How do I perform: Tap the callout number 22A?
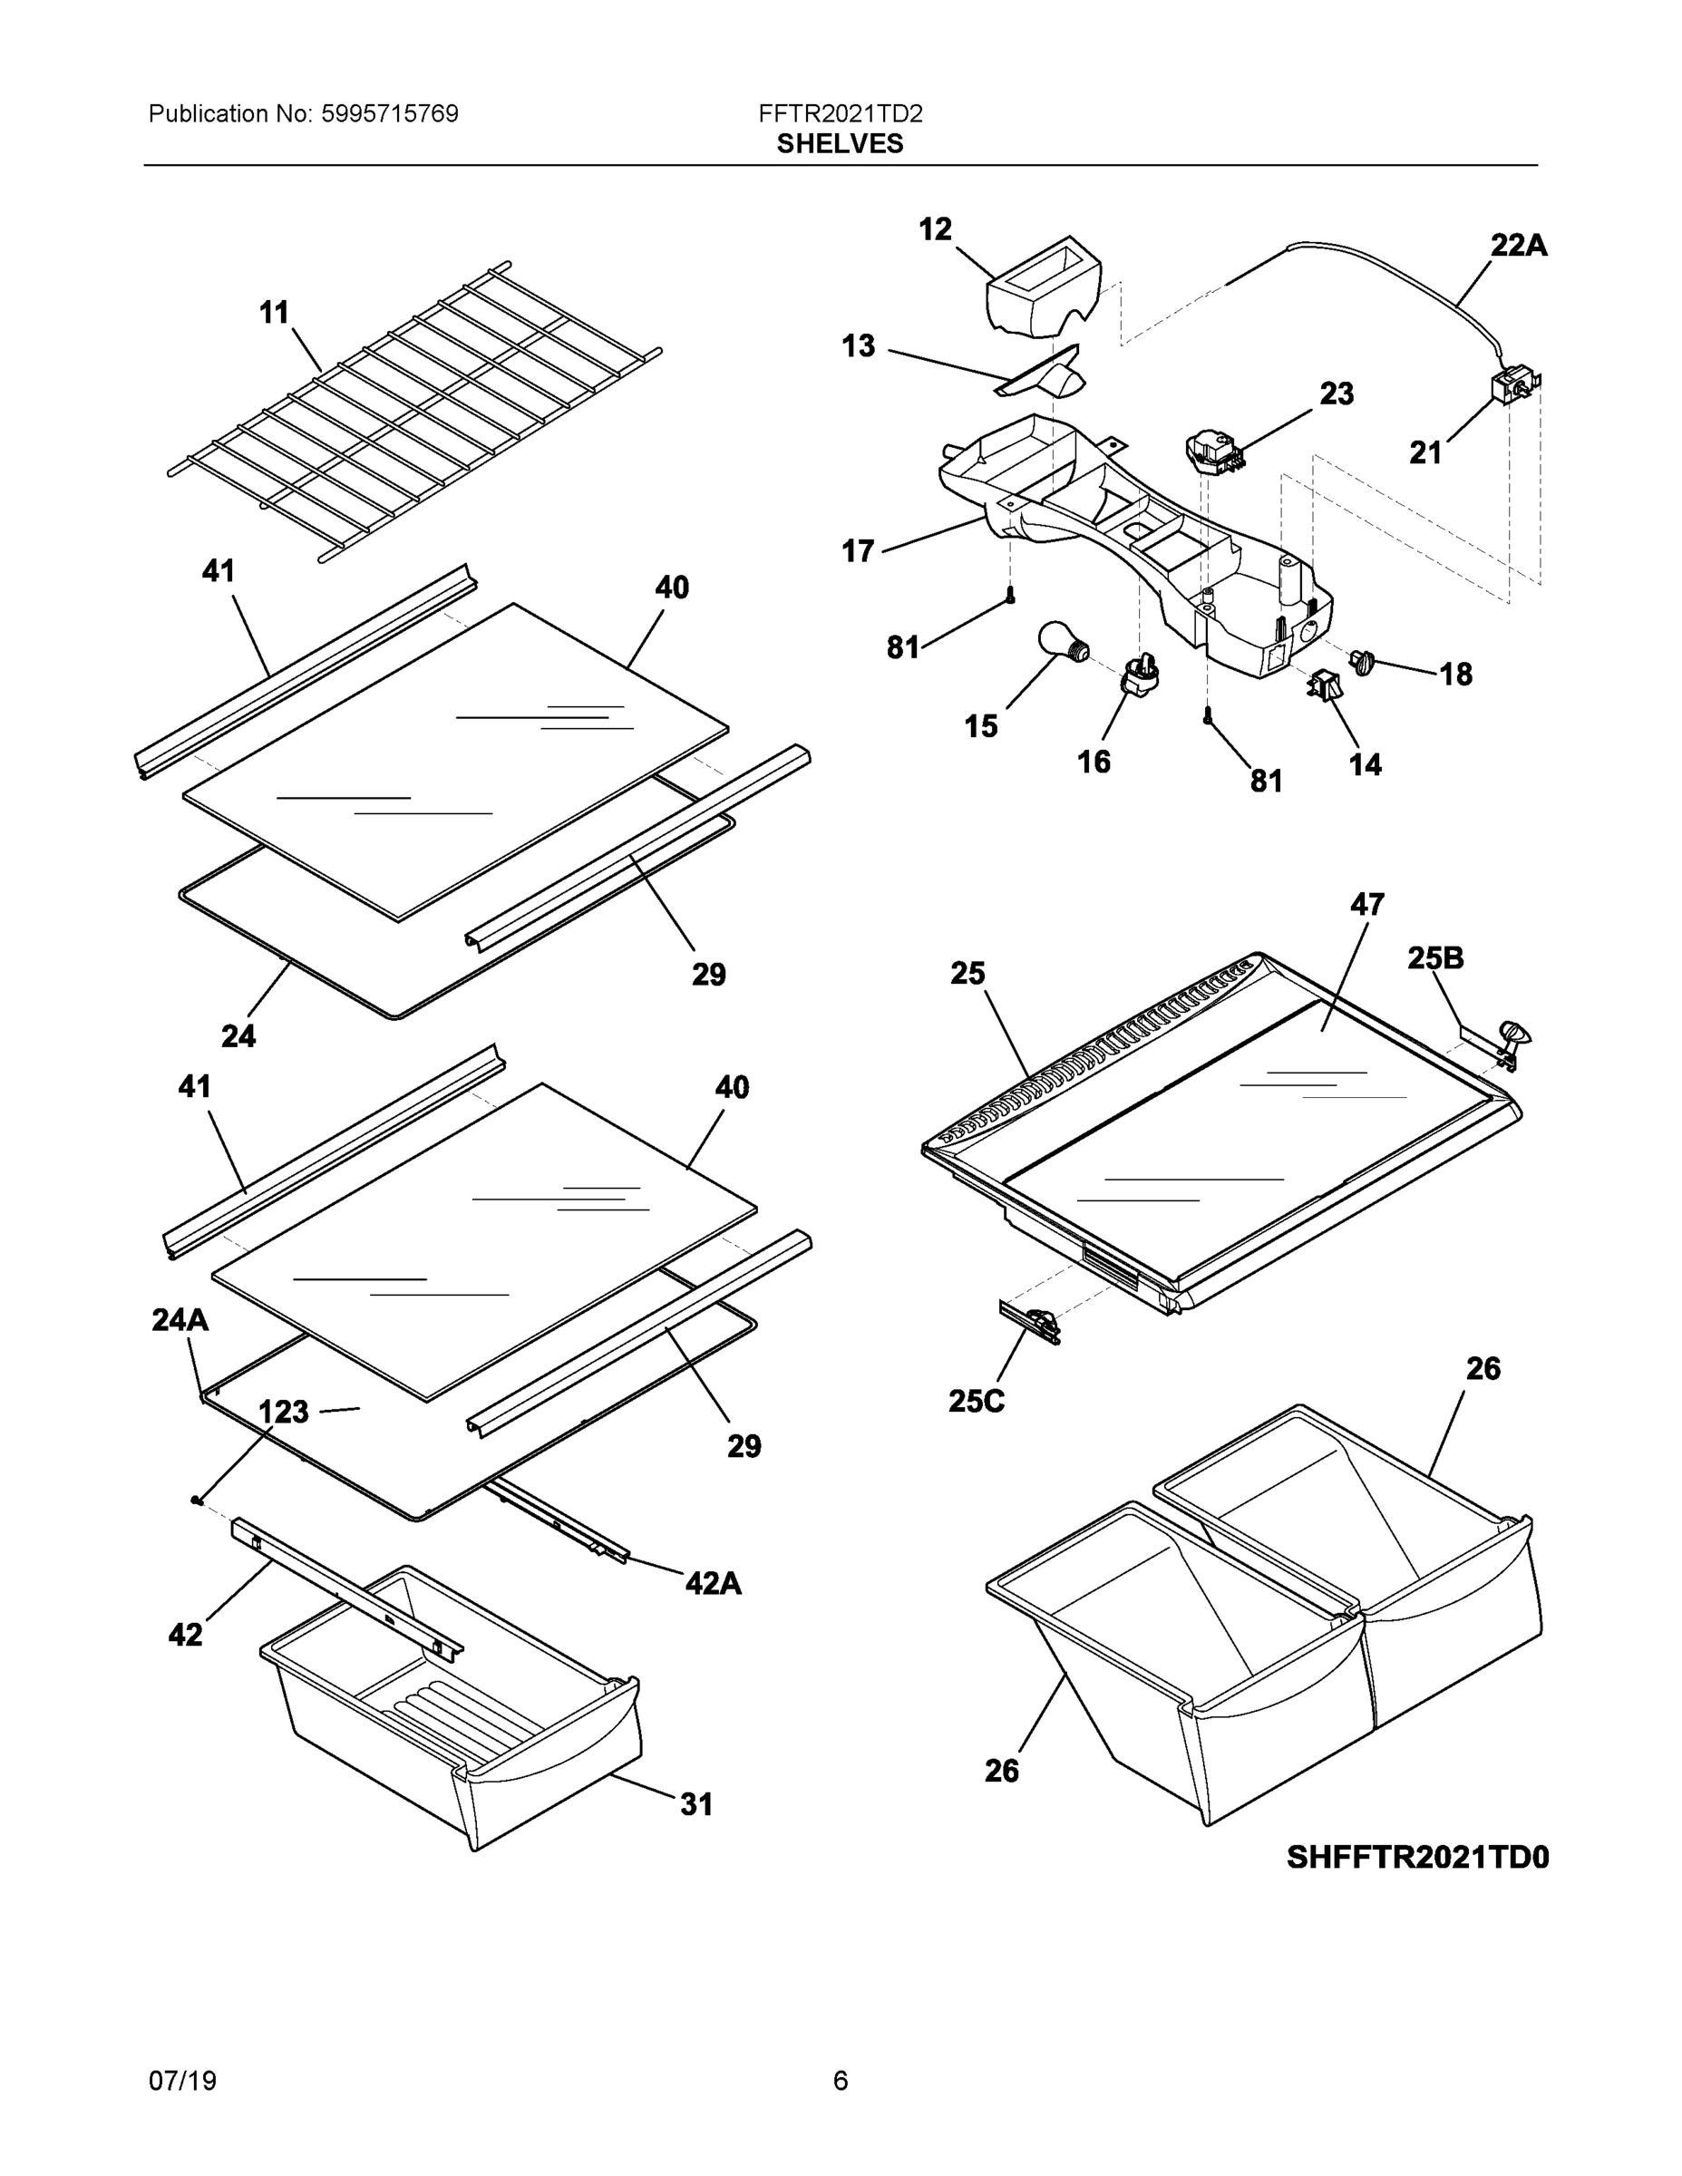click(x=1518, y=245)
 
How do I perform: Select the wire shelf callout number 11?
click(x=274, y=313)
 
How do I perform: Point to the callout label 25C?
click(x=976, y=1402)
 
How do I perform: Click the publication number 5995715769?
click(x=390, y=114)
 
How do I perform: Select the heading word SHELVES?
click(x=839, y=144)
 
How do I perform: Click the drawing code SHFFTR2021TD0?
click(x=1417, y=1858)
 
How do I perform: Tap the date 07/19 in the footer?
click(x=182, y=2082)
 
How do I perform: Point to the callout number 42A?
click(x=713, y=1583)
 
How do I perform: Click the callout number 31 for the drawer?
click(x=696, y=1804)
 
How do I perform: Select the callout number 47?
click(x=1366, y=905)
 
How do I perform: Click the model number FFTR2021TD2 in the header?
click(x=840, y=114)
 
